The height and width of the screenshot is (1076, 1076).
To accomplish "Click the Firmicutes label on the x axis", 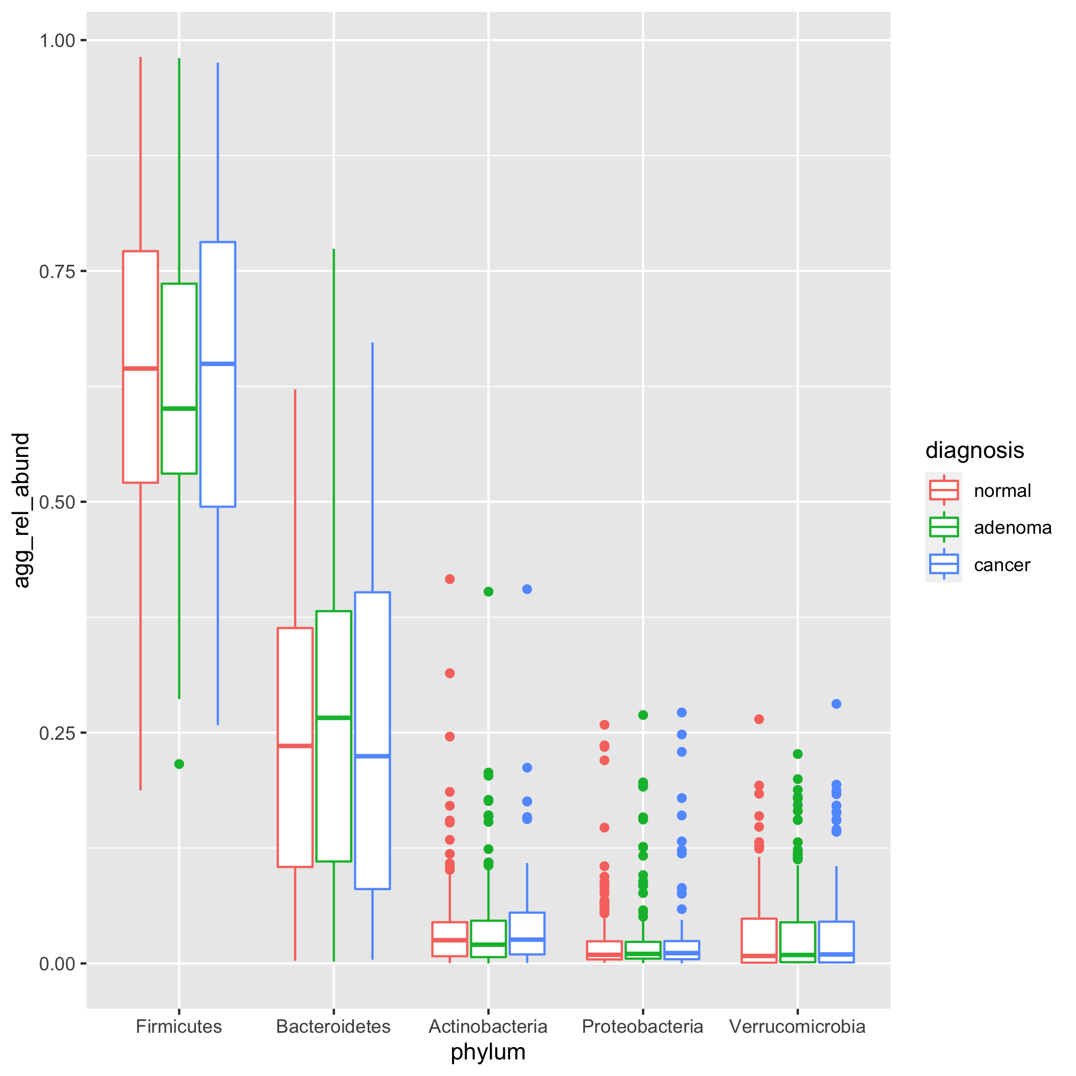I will (179, 1026).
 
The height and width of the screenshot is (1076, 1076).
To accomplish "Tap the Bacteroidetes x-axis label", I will (333, 1026).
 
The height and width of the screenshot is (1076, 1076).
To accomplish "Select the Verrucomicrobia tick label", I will (797, 1026).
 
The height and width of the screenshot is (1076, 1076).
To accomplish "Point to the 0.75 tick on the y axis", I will (57, 271).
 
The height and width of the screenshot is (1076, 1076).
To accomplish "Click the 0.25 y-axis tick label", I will (57, 733).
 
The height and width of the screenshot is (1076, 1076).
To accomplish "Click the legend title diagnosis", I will (974, 450).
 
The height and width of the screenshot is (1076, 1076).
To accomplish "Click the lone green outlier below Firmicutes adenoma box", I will (179, 764).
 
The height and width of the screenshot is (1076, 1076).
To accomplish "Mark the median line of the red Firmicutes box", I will (140, 368).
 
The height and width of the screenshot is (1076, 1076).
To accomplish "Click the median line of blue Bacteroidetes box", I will (372, 756).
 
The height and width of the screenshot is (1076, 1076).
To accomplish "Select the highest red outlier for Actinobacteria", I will (450, 579).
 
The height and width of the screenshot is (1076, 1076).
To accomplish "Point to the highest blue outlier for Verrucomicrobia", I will (836, 704).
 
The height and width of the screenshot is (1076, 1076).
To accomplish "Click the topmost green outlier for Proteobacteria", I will (643, 715).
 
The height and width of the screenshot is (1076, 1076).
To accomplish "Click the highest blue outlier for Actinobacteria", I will (527, 589).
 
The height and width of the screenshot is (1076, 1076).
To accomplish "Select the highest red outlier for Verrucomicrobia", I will (758, 719).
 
